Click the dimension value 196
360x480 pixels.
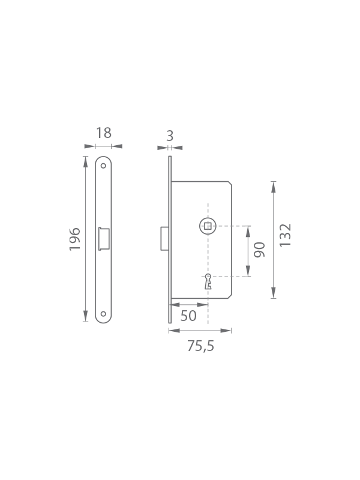(74, 239)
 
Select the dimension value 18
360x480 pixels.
(104, 133)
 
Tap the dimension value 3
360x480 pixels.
(170, 136)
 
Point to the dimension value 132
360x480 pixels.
(285, 235)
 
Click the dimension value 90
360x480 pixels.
(260, 250)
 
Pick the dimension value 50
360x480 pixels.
(188, 316)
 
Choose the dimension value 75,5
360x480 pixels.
(201, 346)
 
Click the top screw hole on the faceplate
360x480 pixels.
(103, 166)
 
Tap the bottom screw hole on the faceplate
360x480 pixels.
(103, 314)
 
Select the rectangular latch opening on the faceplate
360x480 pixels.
(104, 239)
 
